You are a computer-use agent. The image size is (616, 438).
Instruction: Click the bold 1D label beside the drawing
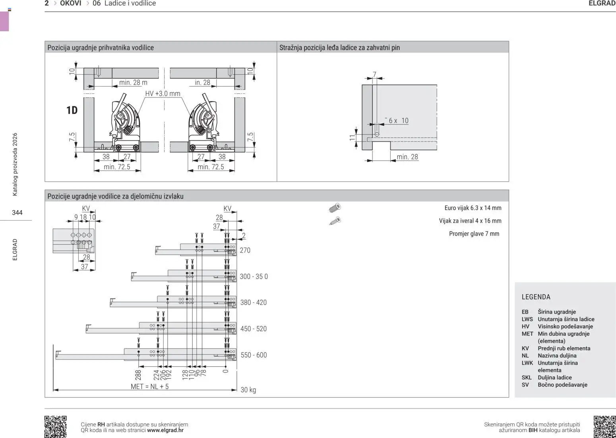(72, 110)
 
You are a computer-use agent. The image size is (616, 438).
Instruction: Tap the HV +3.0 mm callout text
(163, 93)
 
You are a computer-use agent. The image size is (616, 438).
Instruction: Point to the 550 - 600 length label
(254, 355)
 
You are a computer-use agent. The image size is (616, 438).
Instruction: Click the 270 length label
(245, 250)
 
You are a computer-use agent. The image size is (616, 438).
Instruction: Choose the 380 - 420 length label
(253, 302)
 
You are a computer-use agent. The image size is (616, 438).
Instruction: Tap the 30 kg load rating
(248, 390)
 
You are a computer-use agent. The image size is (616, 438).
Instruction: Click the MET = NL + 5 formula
(149, 386)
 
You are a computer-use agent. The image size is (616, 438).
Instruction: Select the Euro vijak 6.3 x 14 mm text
(473, 208)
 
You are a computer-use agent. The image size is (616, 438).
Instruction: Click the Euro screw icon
(335, 208)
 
